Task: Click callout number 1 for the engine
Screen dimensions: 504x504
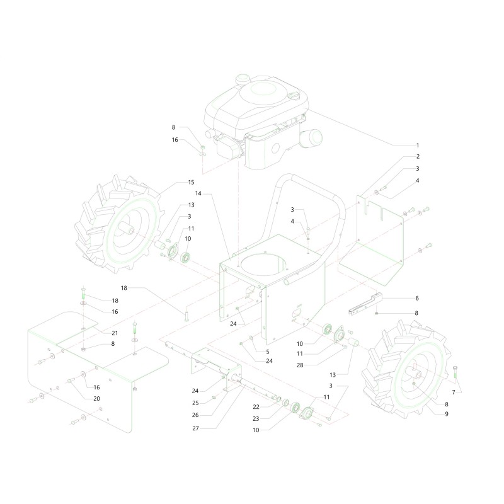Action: [418, 146]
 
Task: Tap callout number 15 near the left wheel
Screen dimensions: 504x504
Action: [192, 182]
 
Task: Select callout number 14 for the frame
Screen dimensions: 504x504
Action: [198, 193]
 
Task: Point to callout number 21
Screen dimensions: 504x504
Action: [115, 333]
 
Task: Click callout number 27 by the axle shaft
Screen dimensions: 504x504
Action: [195, 428]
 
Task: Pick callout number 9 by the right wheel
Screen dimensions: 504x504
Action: [447, 414]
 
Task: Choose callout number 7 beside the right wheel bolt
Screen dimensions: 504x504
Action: [454, 392]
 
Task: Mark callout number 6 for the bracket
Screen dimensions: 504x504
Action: [417, 298]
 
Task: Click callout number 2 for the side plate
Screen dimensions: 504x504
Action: [418, 156]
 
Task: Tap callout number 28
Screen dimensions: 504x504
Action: [300, 365]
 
